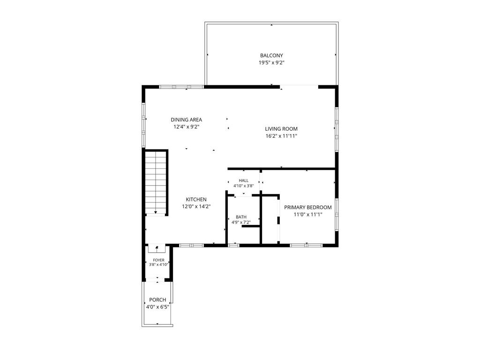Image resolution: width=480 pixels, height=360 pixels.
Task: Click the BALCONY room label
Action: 271,55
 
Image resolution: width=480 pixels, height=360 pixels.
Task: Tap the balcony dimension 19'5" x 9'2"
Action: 271,63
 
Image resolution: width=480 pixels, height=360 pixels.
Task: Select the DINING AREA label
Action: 187,120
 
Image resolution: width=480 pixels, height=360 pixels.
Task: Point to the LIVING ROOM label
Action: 281,129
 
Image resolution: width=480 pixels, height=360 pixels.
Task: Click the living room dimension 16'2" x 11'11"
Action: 281,136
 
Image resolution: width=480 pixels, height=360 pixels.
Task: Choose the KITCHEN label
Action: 196,200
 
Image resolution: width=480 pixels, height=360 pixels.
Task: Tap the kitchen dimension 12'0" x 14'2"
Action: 196,207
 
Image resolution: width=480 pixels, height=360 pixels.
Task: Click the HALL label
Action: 244,180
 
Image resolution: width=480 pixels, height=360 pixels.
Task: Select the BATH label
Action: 241,217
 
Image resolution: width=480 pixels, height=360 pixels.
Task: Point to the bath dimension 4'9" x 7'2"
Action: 241,223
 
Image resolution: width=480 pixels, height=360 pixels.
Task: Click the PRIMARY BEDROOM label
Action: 308,207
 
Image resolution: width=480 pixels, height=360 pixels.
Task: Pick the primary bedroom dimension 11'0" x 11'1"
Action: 308,215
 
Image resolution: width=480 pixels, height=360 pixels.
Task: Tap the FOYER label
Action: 158,260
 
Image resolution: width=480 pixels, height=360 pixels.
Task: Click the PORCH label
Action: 157,300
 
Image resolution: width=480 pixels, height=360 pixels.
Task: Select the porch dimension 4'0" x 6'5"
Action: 157,307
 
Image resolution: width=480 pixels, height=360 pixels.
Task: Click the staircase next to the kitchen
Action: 156,183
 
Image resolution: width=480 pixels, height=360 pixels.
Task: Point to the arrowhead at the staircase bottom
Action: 156,212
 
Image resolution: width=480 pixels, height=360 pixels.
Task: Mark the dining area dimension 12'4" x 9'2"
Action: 187,127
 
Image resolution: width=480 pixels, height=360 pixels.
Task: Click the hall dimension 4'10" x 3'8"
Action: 244,186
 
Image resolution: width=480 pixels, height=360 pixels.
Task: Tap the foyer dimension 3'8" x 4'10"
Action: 158,265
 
